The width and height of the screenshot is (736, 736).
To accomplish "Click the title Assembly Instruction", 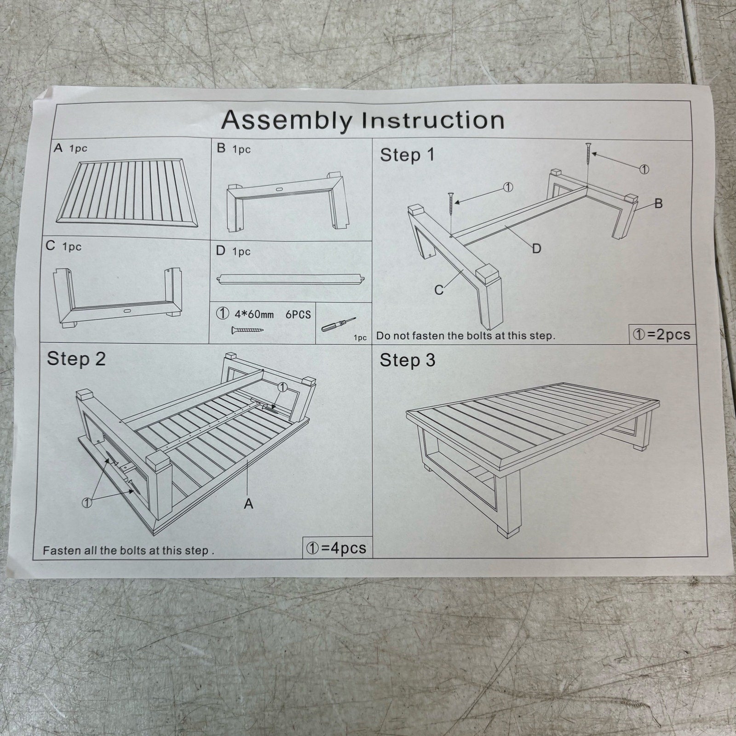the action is (363, 120).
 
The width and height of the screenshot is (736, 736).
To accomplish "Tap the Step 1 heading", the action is (407, 155).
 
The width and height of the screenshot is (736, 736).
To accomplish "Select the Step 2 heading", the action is (76, 359).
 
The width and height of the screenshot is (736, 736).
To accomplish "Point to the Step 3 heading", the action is (407, 360).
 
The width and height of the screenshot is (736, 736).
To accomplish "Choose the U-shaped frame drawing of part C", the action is (118, 296).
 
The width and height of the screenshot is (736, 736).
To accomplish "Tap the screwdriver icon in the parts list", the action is (338, 323).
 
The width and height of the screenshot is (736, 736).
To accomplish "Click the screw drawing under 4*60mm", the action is (247, 329).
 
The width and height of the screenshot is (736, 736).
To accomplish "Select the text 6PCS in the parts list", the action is (298, 315).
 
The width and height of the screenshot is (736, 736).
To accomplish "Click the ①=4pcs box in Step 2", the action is (338, 547).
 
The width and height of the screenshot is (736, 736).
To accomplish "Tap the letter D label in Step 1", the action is (536, 249).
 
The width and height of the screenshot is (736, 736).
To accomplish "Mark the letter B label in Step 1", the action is (658, 203).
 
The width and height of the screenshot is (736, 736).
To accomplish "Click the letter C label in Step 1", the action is (439, 290).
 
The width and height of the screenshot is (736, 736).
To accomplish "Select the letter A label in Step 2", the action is (248, 504).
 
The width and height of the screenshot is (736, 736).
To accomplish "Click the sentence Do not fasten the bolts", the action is (466, 335).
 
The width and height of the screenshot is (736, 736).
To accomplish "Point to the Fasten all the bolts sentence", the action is (128, 550).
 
